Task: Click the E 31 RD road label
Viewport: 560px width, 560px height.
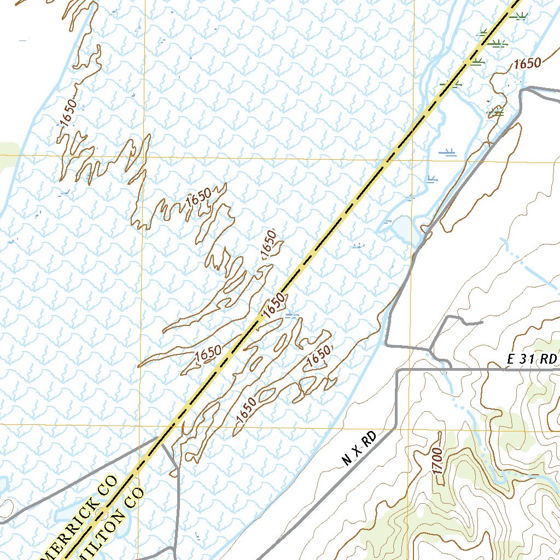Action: [x=532, y=359]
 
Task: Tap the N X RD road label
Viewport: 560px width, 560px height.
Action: [x=359, y=448]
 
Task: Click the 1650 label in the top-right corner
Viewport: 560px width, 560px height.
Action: [x=527, y=63]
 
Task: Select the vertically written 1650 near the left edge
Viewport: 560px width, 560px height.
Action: [x=69, y=113]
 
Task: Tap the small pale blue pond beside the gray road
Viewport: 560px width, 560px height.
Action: [x=402, y=230]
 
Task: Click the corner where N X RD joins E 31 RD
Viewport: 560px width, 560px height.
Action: [x=397, y=370]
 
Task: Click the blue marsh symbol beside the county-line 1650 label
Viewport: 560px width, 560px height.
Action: [x=291, y=315]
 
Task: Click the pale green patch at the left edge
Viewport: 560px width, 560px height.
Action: [x=7, y=153]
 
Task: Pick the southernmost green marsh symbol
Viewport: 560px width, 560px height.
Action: [x=495, y=112]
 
